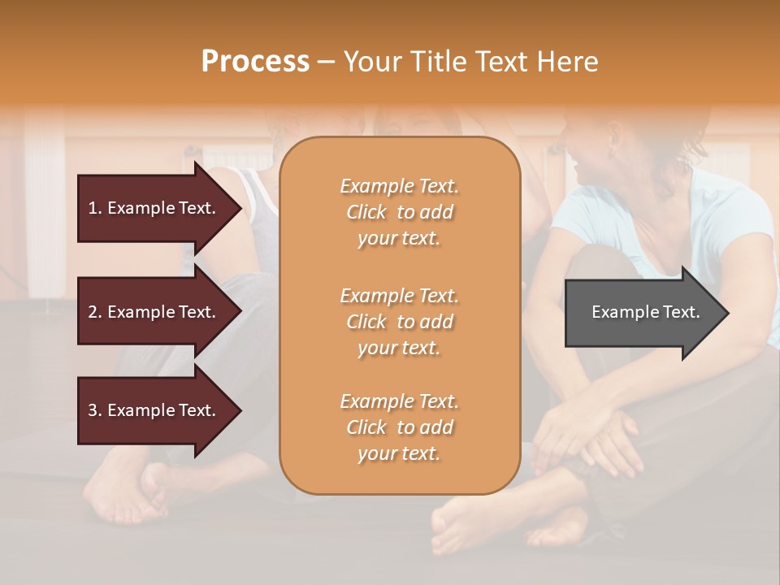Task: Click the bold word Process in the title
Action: point(255,62)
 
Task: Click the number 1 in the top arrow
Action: point(93,208)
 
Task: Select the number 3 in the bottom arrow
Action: point(93,410)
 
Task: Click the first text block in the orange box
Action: point(399,212)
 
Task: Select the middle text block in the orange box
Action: point(399,322)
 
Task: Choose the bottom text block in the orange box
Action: point(399,427)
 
